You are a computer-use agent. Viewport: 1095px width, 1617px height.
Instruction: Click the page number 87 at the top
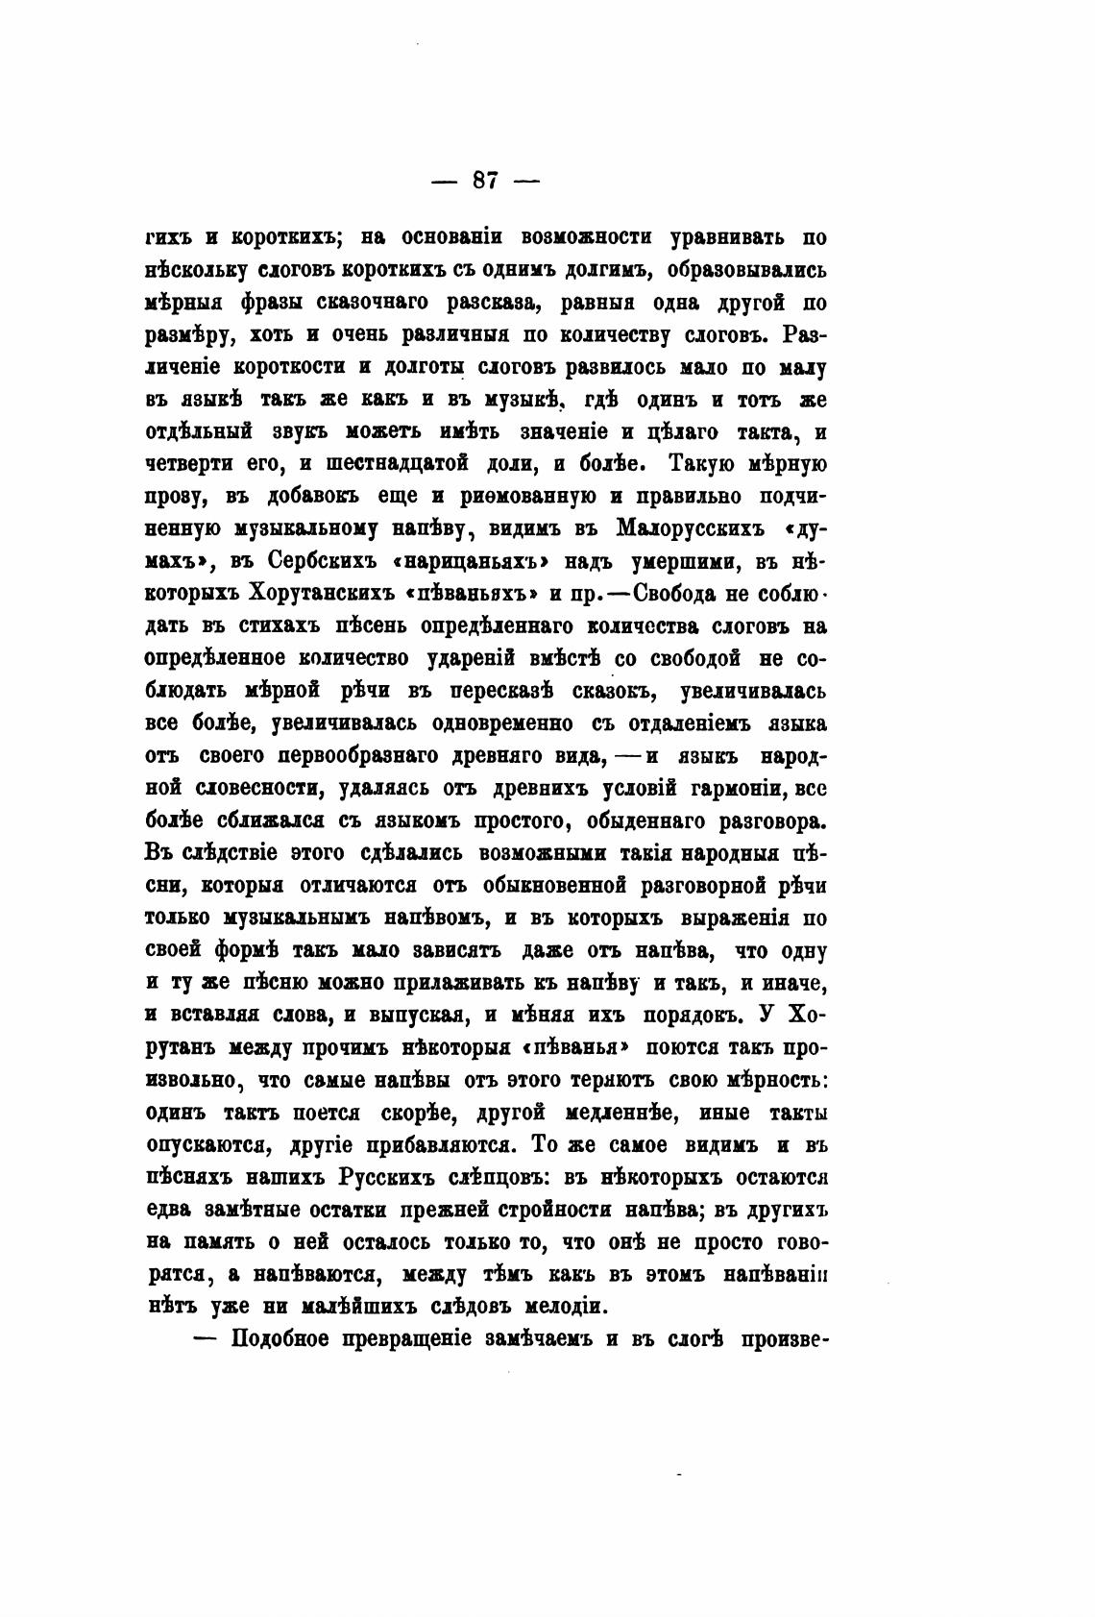coord(484,180)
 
